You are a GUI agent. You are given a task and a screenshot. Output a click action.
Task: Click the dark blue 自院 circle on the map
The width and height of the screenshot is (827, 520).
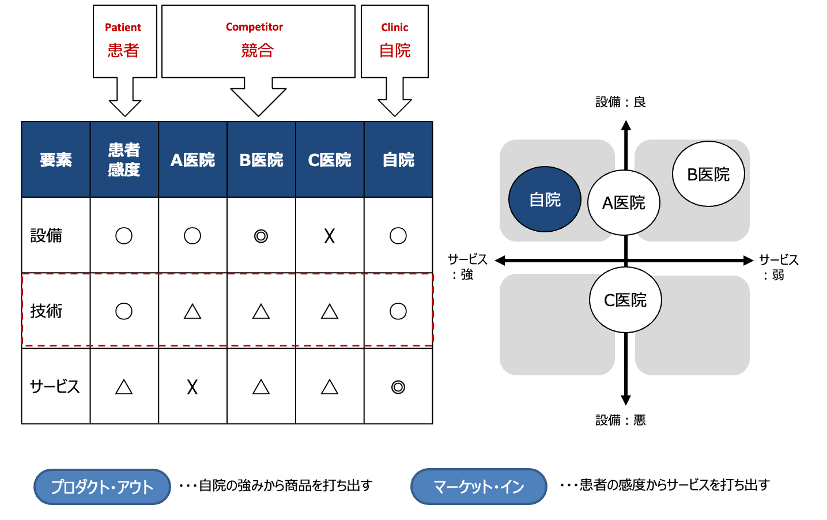545,199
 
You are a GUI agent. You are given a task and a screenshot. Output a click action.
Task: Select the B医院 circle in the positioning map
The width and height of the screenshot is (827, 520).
708,174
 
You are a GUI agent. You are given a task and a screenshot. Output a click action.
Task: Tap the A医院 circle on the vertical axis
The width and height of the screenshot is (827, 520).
624,202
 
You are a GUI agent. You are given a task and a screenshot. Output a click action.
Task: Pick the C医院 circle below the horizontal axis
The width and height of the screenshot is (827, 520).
625,300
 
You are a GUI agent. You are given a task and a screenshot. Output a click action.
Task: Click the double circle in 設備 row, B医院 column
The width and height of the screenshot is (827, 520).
261,236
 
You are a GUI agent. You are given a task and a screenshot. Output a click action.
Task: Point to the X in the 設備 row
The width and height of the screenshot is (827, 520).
329,236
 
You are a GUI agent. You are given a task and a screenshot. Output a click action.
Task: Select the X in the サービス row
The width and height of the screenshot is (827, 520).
192,387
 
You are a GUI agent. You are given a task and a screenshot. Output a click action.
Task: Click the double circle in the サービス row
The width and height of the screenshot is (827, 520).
398,387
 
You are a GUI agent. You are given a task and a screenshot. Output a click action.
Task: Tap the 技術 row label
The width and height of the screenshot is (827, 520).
46,311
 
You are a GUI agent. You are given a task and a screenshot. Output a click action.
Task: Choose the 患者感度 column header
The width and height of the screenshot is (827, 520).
124,160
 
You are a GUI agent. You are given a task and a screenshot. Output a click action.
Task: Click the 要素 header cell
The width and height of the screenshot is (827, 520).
56,160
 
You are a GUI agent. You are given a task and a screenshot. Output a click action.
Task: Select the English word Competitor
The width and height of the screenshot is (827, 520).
254,27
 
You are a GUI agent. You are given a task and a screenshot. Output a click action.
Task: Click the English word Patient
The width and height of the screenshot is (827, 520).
123,28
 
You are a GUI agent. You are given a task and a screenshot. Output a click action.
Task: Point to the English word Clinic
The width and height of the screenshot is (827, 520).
394,28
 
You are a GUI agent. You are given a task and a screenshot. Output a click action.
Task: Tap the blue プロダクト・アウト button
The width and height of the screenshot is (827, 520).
102,487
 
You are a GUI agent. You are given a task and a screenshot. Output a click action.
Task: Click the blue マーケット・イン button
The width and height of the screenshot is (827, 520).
478,487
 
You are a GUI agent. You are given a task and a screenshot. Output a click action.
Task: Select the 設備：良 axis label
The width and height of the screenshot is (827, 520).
620,102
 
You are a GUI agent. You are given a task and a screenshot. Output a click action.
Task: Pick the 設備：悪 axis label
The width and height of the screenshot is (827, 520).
620,420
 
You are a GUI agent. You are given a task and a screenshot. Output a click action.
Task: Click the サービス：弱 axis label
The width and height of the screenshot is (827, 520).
778,267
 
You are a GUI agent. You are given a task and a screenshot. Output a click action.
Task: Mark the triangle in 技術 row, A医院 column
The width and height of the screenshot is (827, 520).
192,312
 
